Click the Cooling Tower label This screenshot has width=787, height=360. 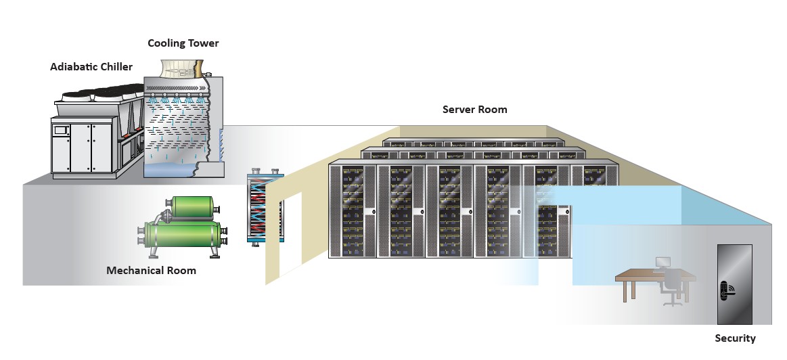183,43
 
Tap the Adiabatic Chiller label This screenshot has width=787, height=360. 91,66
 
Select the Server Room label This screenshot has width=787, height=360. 474,109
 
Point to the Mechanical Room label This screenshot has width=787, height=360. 151,271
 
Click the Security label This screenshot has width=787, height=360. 735,338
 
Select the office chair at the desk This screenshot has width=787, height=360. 673,286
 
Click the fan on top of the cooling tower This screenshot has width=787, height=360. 179,68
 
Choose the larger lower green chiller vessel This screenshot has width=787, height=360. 183,236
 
